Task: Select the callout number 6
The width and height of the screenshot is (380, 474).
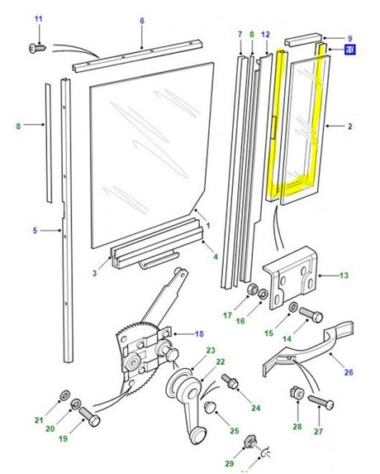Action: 141,21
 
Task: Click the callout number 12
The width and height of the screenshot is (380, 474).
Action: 264,35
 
